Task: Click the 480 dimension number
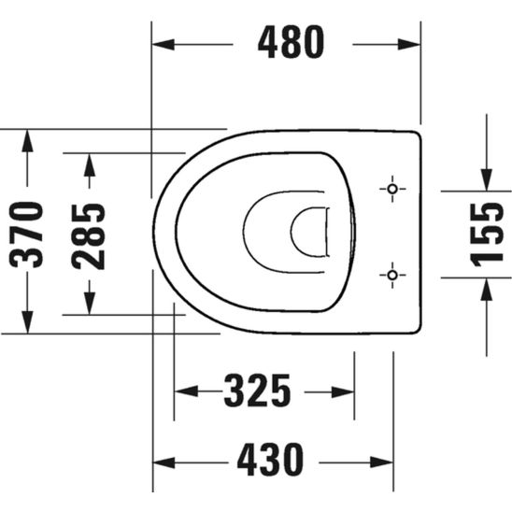(x=292, y=43)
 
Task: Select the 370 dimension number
(x=32, y=233)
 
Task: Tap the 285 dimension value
(x=90, y=235)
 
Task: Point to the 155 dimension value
(x=486, y=233)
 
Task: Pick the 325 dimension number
(x=257, y=391)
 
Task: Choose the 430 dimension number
(x=270, y=460)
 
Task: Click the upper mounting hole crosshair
(x=391, y=190)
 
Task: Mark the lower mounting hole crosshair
(x=391, y=275)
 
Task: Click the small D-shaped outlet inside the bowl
(x=308, y=233)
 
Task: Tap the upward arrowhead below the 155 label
(x=486, y=288)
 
